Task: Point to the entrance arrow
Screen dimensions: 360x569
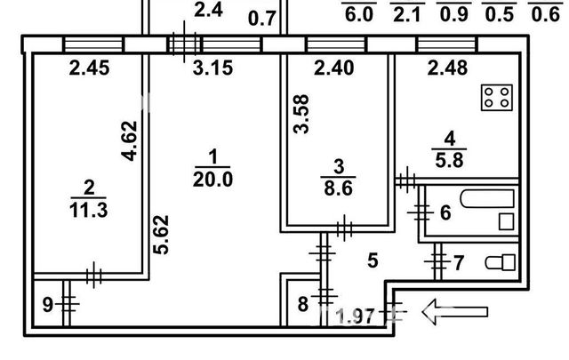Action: point(456,311)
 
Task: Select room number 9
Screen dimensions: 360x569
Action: point(48,305)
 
